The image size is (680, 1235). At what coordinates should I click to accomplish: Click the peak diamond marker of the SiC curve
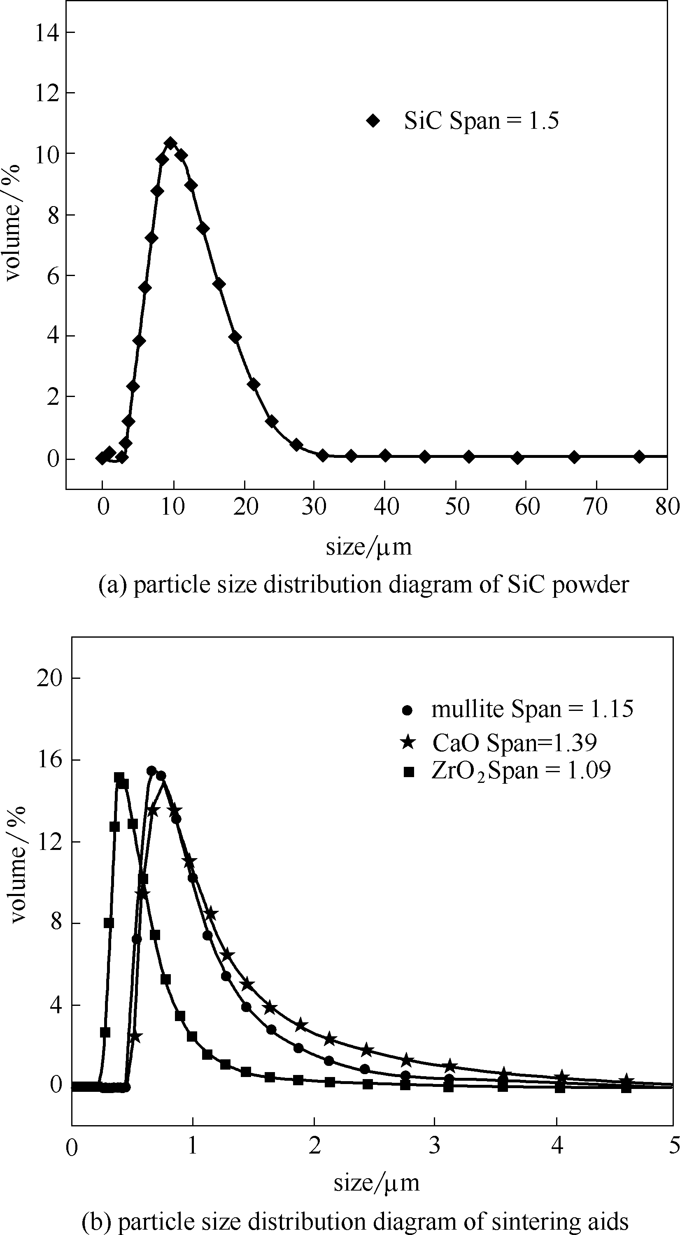(170, 143)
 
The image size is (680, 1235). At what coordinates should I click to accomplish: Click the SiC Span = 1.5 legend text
(481, 121)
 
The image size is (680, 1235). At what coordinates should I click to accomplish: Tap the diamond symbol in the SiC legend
(373, 121)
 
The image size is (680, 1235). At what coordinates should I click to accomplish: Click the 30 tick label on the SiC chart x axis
(314, 507)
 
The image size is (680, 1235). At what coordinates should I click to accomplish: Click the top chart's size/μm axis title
(368, 547)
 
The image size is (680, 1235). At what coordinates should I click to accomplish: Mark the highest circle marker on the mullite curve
(152, 771)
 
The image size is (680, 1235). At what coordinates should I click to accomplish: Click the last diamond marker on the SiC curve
(639, 456)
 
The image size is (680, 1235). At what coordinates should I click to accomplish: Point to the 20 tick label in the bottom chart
(49, 678)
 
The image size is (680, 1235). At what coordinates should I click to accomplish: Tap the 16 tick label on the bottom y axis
(49, 760)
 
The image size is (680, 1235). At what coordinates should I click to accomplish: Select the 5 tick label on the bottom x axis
(674, 1145)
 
